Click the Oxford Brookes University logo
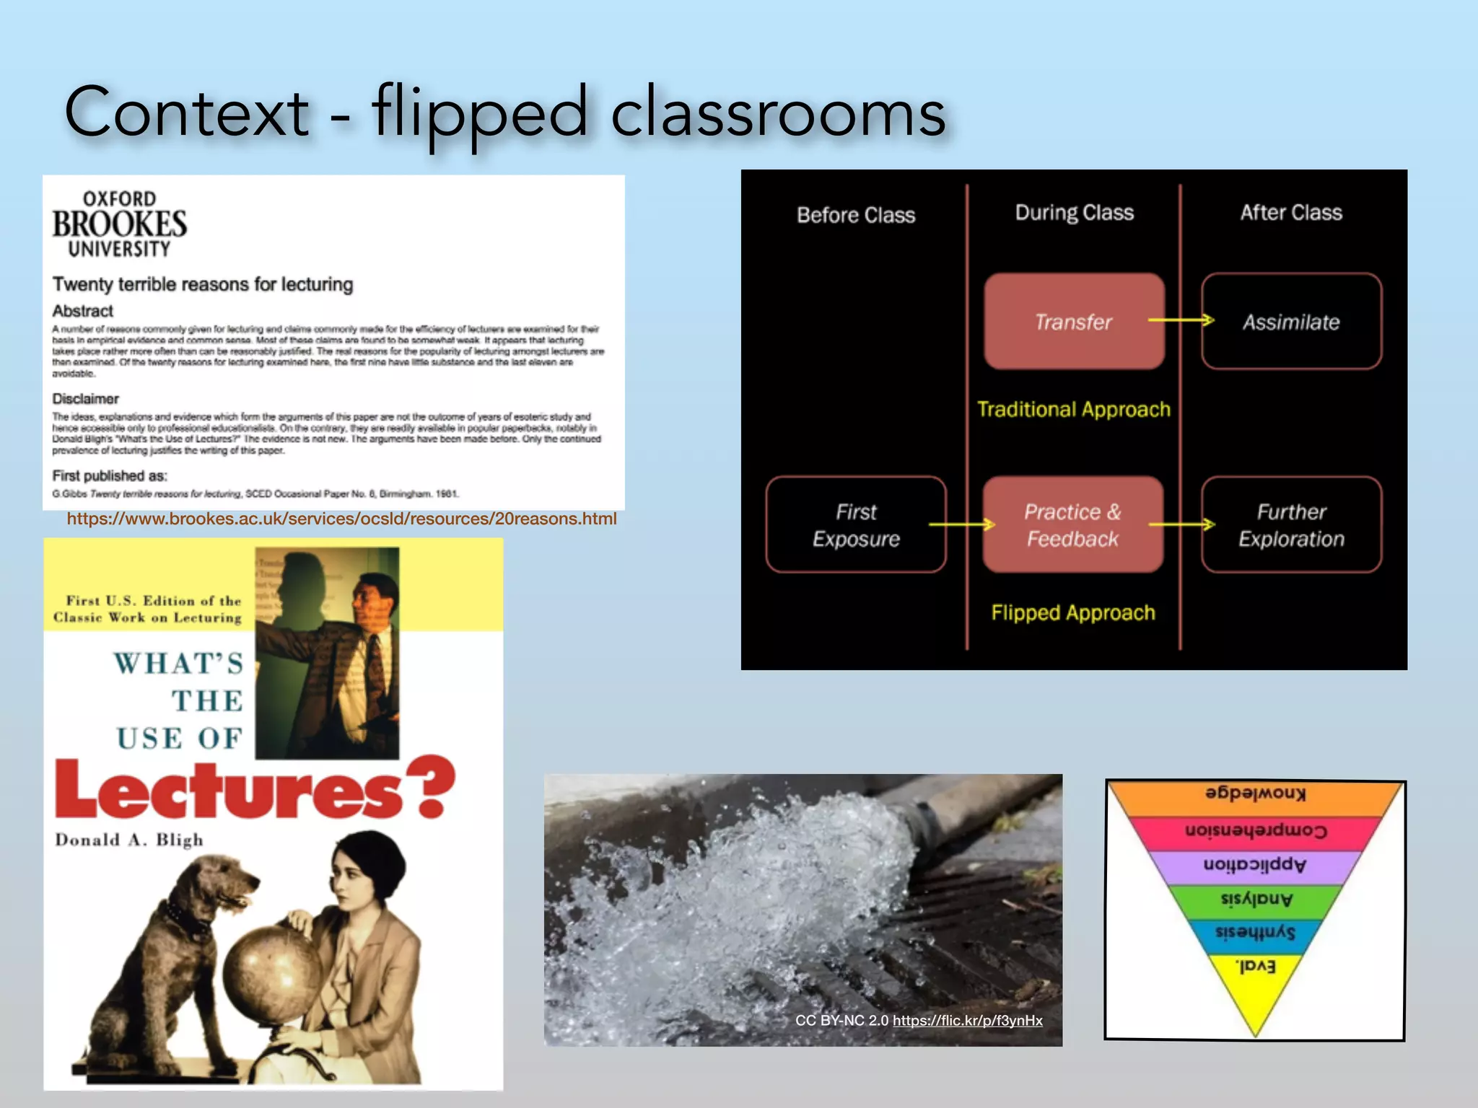(119, 224)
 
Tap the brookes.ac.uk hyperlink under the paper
(341, 519)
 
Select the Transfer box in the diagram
(1074, 321)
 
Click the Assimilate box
(1291, 321)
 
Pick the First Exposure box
(856, 524)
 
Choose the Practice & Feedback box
(1073, 524)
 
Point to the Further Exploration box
(1291, 524)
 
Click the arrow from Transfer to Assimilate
(1181, 320)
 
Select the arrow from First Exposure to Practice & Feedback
(963, 524)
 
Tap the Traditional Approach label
(1073, 409)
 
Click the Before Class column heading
(856, 215)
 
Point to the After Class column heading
(1291, 212)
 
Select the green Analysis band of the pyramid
(1256, 900)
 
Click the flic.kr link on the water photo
(967, 1020)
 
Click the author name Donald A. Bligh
(129, 840)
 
